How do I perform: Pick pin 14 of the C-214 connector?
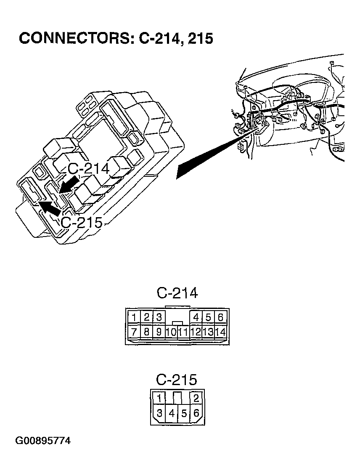220,332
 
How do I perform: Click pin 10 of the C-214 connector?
171,332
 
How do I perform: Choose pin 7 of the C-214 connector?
134,332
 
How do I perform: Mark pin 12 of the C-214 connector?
196,332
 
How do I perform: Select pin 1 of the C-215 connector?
159,398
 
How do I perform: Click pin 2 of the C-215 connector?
196,398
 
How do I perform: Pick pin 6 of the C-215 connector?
196,413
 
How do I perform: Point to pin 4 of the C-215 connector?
171,413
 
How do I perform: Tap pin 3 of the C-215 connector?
159,413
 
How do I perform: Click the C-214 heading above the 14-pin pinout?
177,293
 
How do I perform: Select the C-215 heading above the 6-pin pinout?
177,380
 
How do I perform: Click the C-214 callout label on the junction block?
89,169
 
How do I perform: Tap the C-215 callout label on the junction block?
82,222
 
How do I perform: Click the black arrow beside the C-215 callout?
50,208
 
